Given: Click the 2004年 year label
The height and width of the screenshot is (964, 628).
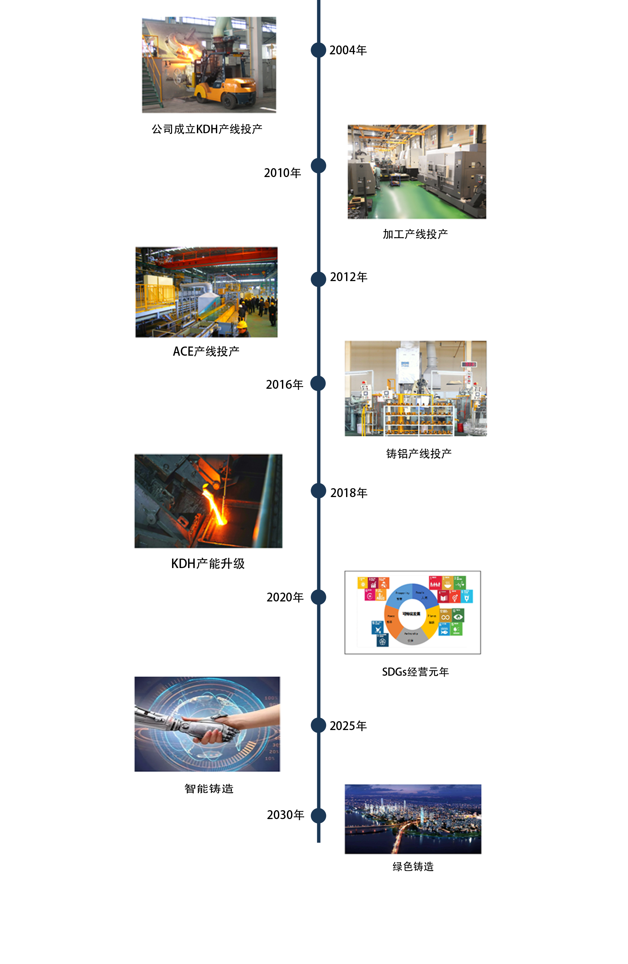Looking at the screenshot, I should coord(348,50).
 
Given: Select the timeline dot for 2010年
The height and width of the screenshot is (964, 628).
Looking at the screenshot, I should coord(318,166).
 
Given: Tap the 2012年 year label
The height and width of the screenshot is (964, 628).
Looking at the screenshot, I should coord(348,277).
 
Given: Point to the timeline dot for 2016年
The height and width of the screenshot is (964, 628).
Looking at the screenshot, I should coord(318,384).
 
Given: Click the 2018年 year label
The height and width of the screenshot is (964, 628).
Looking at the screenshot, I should coord(349,493).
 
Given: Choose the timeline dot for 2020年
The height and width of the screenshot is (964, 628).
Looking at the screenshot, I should coord(318,597).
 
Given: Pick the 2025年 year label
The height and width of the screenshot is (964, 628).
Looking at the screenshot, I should coord(348,726).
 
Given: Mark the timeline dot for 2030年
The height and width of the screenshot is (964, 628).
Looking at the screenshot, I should coord(318,815).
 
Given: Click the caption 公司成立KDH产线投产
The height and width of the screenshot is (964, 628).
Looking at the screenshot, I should coord(207,129).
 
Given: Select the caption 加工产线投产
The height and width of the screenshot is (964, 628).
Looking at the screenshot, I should coord(415,234).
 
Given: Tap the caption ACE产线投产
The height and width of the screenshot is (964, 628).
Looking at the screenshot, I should coord(206,351).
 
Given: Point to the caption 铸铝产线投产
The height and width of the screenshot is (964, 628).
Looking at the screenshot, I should coord(419,454).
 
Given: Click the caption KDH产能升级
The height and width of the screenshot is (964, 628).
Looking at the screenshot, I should coord(208,563).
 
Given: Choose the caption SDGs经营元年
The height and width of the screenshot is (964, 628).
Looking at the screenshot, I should coord(415,672).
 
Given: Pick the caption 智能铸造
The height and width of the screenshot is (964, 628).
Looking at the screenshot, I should coord(209,789).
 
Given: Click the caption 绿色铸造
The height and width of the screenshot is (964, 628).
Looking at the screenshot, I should coord(413,866).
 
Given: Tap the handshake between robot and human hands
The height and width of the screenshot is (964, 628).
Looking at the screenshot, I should coord(215,727).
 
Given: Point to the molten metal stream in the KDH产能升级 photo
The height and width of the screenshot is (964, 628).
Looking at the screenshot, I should coord(215,506).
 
